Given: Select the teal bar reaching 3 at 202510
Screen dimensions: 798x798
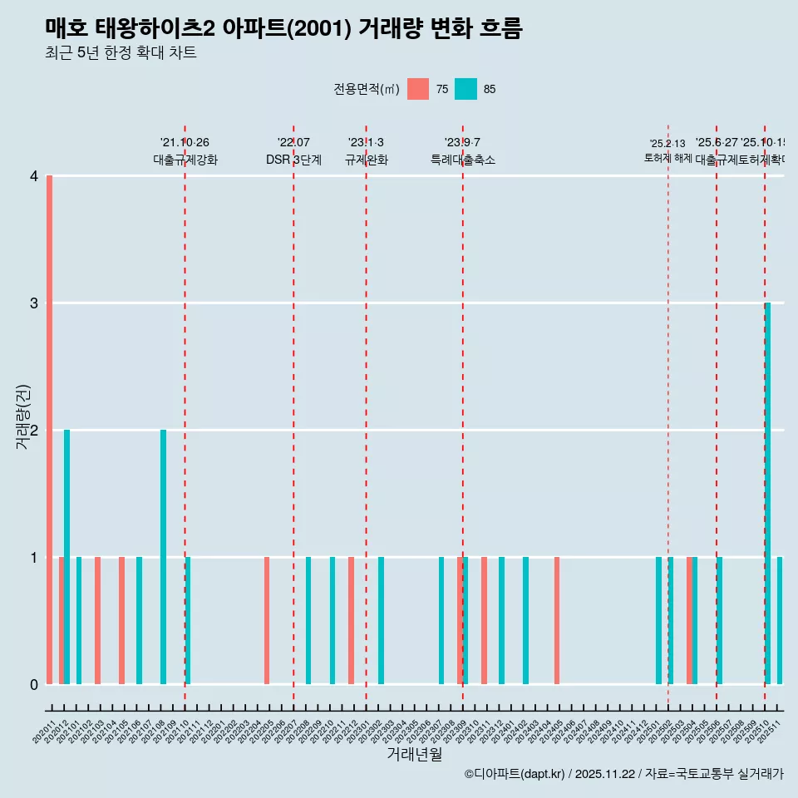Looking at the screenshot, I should [767, 493].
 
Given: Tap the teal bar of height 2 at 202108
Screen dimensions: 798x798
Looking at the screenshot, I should [163, 557].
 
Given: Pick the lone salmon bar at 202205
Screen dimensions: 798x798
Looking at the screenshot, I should [267, 620].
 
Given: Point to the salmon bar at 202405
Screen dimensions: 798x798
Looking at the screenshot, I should [557, 620].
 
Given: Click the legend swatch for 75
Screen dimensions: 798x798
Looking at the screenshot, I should [418, 89].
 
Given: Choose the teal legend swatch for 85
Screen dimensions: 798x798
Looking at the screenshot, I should [465, 89].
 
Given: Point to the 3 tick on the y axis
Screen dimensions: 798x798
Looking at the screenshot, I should [34, 303].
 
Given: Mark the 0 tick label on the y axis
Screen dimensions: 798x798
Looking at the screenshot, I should [34, 684].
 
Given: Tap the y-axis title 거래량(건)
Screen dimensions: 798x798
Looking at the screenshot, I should [23, 416].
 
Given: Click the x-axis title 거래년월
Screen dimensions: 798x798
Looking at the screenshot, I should [414, 754].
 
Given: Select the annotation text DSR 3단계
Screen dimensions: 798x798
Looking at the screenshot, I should [293, 160].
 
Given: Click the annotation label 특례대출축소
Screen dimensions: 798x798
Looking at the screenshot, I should [462, 160].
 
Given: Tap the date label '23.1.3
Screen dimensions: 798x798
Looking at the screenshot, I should [366, 142].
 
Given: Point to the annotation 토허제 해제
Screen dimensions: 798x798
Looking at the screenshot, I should [667, 157].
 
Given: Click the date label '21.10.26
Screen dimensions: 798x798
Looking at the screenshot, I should [185, 142].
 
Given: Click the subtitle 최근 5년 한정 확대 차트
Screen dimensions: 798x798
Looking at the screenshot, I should [121, 53].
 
